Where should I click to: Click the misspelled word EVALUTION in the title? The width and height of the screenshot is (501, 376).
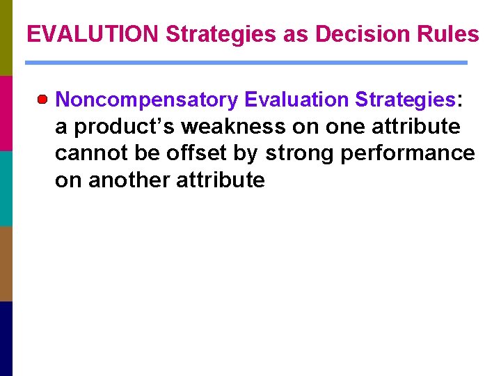click(93, 34)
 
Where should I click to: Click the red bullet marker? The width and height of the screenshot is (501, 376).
click(44, 100)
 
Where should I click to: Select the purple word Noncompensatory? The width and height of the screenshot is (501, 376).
click(146, 100)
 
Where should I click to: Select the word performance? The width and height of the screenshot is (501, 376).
click(408, 153)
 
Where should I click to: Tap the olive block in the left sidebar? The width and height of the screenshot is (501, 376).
click(6, 38)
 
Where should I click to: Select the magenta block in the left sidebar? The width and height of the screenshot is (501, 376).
click(6, 113)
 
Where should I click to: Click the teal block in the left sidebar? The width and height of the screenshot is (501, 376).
click(6, 188)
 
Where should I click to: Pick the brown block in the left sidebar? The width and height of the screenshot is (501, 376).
click(6, 263)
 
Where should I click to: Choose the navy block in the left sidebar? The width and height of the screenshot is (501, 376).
click(6, 338)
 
